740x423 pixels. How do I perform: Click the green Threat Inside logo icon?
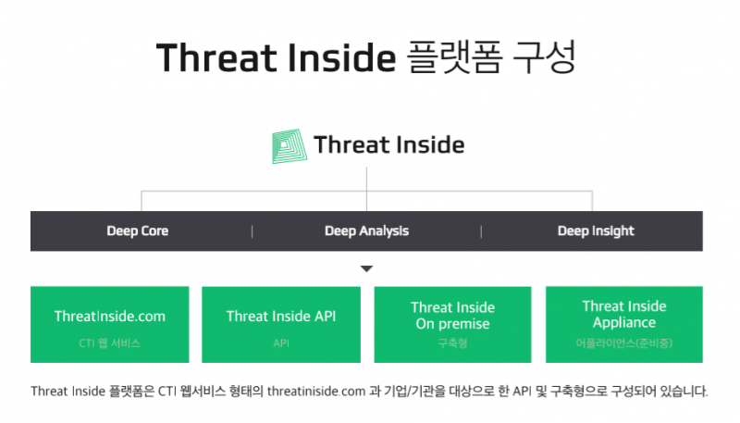coord(290,146)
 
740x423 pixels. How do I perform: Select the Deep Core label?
coord(137,230)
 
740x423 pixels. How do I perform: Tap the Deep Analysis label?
coord(366,230)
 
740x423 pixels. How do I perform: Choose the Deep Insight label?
coord(596,230)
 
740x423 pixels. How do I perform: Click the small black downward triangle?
coord(366,268)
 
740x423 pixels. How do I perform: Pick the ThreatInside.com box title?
coord(110,317)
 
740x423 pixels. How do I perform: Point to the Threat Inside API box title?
coord(281,317)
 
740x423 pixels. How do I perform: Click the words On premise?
coord(452,324)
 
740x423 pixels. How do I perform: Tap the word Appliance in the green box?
coord(623,322)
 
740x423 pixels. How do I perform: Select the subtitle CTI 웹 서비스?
coord(109,343)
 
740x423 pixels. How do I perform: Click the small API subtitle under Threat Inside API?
coord(281,343)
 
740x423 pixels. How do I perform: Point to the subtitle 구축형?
coord(452,342)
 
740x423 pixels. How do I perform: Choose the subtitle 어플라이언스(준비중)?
coord(623,342)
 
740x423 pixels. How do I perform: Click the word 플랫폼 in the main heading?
coord(453,57)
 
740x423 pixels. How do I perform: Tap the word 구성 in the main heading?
coord(544,57)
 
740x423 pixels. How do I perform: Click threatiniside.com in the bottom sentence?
coord(316,392)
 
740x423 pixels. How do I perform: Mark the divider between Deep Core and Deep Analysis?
coord(252,231)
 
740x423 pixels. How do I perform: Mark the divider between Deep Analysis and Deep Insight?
coord(481,231)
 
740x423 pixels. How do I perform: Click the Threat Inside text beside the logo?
coord(389,145)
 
